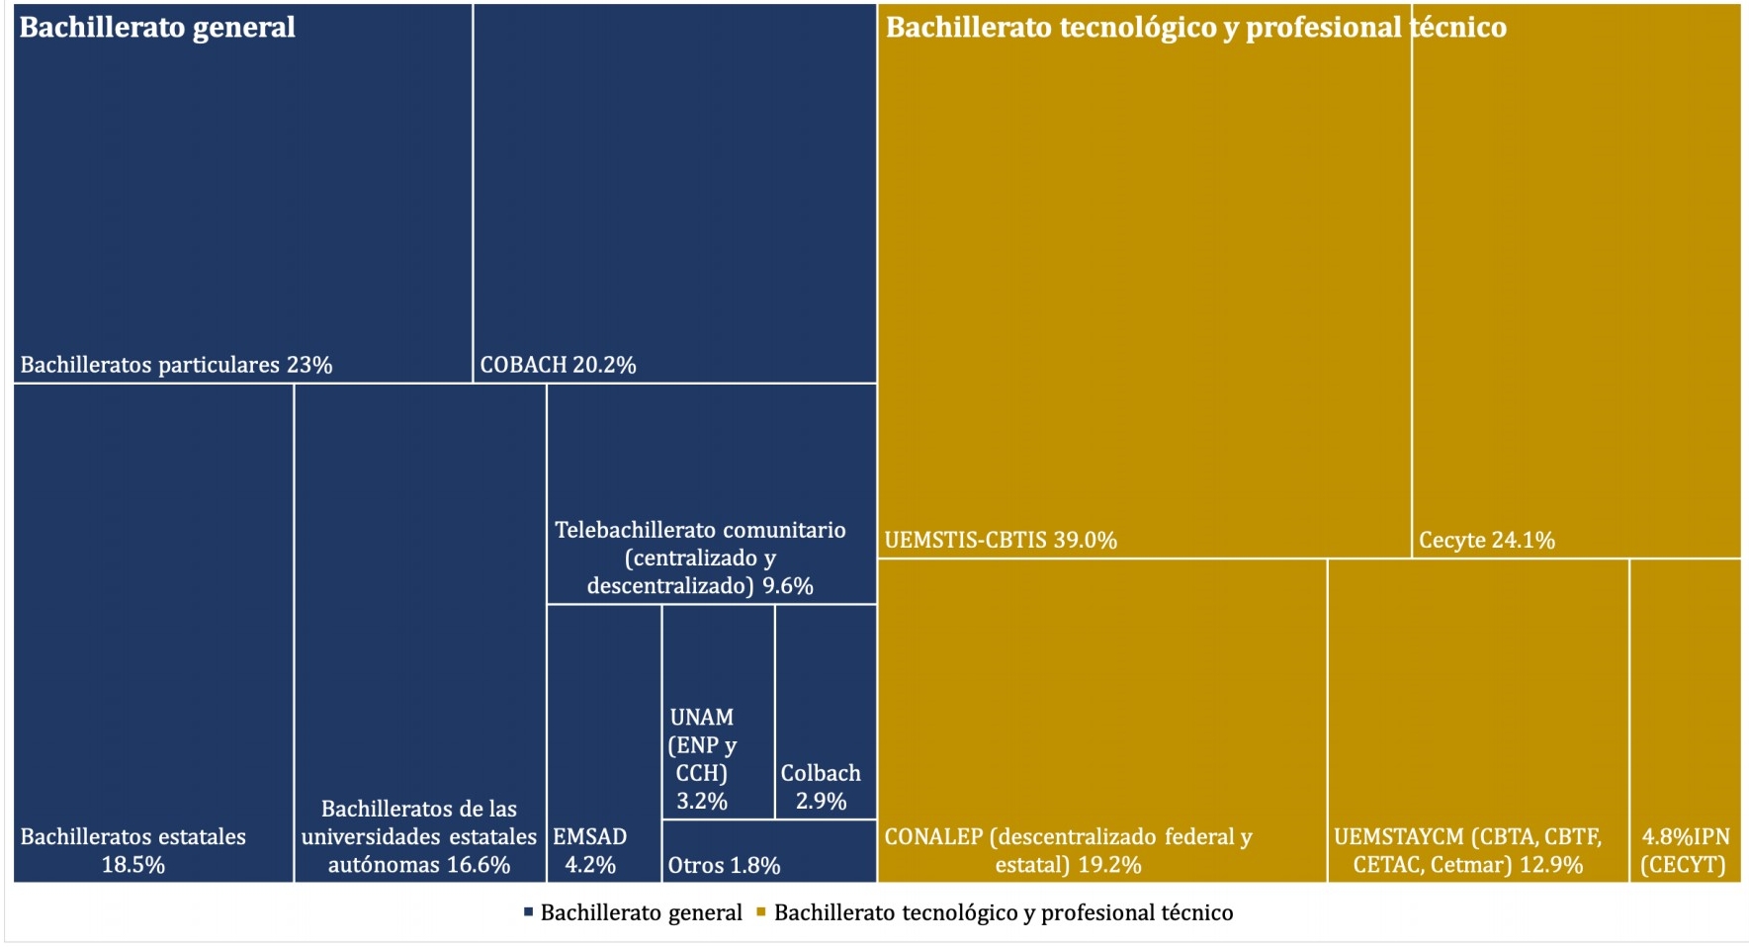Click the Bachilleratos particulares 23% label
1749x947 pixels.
[176, 365]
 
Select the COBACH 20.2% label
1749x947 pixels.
[558, 365]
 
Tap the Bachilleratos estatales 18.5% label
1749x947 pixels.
[133, 850]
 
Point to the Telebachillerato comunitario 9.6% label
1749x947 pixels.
[700, 558]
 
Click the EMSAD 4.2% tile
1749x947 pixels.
[604, 741]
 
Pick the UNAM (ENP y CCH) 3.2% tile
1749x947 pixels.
[718, 712]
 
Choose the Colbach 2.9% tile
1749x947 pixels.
[826, 712]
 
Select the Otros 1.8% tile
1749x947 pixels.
[768, 851]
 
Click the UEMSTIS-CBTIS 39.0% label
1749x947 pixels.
[1001, 540]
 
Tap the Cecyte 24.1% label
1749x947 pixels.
[1486, 540]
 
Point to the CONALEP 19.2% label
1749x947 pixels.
[1068, 850]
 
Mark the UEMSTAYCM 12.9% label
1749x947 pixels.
[1468, 850]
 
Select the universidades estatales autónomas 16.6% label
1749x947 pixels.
[419, 836]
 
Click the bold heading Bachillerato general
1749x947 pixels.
[157, 27]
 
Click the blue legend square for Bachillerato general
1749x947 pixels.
[529, 911]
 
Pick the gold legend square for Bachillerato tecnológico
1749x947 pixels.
[761, 911]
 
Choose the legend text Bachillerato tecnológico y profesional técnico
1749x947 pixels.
[1004, 912]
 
